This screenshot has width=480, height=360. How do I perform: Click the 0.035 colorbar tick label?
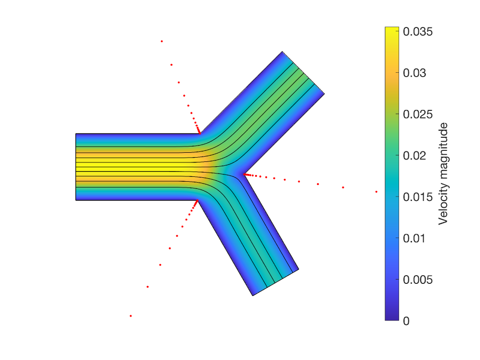click(x=417, y=31)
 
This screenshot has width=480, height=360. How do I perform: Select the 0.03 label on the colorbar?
click(x=415, y=73)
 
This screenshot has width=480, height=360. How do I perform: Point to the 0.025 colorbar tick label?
click(x=417, y=114)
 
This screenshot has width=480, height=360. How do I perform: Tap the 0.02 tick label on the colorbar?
click(x=415, y=156)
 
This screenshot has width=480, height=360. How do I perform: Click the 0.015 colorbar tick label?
click(x=417, y=197)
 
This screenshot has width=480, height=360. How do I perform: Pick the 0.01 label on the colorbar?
click(x=414, y=239)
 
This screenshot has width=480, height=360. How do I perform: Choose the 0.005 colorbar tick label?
click(x=417, y=280)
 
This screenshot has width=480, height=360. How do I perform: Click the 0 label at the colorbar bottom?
click(x=406, y=321)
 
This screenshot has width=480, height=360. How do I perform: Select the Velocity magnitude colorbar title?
click(x=443, y=173)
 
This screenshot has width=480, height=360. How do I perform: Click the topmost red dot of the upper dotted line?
click(x=162, y=41)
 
